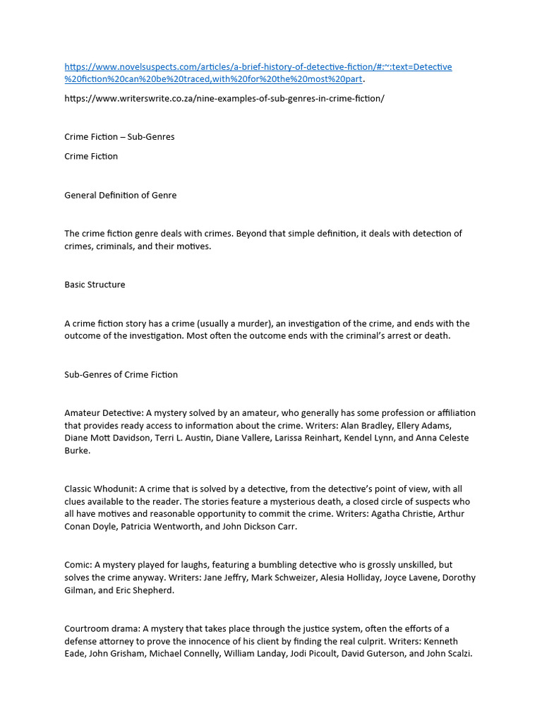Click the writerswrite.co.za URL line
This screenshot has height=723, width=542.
(224, 98)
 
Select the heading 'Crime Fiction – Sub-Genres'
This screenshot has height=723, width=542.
(119, 137)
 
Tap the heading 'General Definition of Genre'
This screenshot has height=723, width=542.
(121, 195)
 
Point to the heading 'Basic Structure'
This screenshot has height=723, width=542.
(95, 285)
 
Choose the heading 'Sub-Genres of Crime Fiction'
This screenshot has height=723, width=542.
(121, 374)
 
